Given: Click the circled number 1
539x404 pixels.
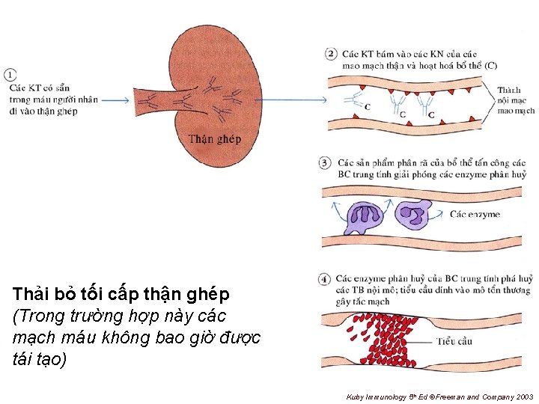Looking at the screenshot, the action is pyautogui.click(x=10, y=75).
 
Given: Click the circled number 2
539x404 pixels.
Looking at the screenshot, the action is pyautogui.click(x=331, y=54).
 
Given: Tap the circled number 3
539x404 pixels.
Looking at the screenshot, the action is pyautogui.click(x=325, y=162).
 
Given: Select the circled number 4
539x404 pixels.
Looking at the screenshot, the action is pyautogui.click(x=325, y=278).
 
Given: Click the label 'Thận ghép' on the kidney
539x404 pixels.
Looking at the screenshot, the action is pyautogui.click(x=215, y=138).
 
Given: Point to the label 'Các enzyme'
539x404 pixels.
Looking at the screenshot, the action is pyautogui.click(x=475, y=215).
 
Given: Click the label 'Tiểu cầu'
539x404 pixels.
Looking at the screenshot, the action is pyautogui.click(x=454, y=341).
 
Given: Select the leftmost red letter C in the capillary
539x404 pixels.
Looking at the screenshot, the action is pyautogui.click(x=367, y=107).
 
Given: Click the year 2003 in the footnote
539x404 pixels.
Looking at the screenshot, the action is pyautogui.click(x=526, y=395).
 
